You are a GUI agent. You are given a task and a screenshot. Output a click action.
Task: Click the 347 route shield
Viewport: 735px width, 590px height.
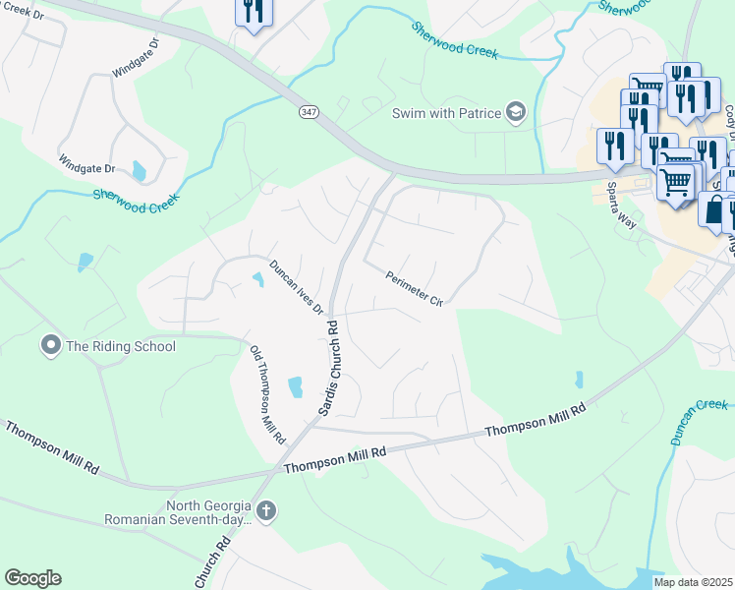309,113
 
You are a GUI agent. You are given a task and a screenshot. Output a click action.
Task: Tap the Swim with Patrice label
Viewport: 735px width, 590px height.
446,113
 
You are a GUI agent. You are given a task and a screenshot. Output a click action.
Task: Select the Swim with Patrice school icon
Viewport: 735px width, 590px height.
516,112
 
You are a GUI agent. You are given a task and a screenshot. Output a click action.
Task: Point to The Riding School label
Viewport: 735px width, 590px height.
120,346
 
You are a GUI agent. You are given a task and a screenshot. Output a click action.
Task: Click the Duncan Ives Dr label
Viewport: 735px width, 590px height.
297,287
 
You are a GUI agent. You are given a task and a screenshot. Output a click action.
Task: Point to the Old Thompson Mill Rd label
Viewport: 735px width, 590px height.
267,393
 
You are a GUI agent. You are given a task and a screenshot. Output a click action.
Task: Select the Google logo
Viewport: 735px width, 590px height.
32,578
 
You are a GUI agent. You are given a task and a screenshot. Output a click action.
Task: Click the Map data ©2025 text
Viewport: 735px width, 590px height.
693,582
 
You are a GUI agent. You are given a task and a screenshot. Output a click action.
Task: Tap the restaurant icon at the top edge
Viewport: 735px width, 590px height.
254,12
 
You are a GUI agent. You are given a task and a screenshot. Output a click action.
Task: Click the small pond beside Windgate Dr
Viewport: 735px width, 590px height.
139,172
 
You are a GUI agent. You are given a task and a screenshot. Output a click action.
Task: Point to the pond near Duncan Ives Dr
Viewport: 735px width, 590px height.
258,280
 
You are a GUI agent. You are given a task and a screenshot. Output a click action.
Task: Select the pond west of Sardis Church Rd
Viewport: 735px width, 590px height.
295,387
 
